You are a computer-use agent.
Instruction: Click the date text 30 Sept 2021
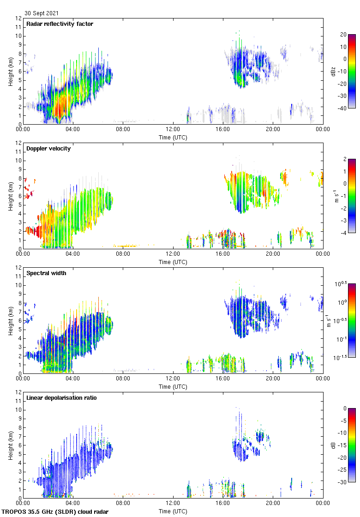tap(42, 13)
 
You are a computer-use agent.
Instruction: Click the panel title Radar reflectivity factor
tap(60, 24)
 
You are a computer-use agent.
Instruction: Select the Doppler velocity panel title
tap(48, 149)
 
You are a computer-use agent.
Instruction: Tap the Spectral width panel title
tap(47, 273)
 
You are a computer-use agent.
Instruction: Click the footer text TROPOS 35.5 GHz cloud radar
tap(55, 512)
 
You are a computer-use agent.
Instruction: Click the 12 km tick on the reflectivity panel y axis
tap(18, 18)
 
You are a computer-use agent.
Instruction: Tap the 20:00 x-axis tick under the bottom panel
tap(273, 503)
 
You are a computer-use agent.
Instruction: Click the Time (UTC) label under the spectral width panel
tap(173, 386)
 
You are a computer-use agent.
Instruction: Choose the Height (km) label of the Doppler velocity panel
tap(11, 196)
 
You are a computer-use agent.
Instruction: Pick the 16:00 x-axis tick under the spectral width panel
tap(223, 378)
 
